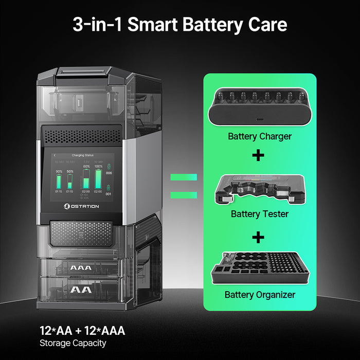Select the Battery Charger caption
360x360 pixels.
pyautogui.click(x=259, y=137)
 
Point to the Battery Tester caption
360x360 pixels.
pyautogui.click(x=259, y=213)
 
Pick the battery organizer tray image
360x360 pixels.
pyautogui.click(x=259, y=267)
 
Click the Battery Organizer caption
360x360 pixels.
pyautogui.click(x=259, y=295)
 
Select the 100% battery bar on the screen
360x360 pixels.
pyautogui.click(x=99, y=180)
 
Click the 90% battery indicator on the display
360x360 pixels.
pyautogui.click(x=59, y=182)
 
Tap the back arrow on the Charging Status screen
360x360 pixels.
pyautogui.click(x=55, y=155)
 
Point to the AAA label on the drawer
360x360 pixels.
pyautogui.click(x=81, y=268)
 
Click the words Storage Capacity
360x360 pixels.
pyautogui.click(x=73, y=343)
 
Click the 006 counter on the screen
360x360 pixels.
pyautogui.click(x=109, y=173)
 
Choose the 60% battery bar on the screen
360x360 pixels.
pyautogui.click(x=86, y=182)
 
